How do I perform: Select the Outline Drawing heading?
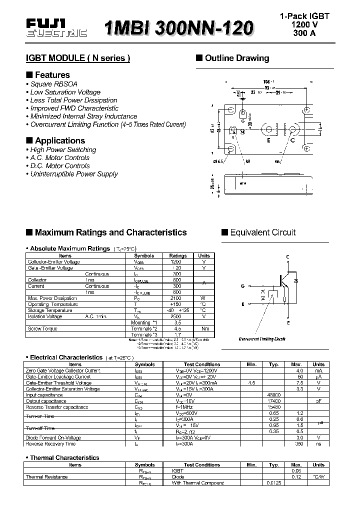pyautogui.click(x=236, y=58)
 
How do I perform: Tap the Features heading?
pyautogui.click(x=52, y=75)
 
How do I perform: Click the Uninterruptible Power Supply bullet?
pyautogui.click(x=74, y=174)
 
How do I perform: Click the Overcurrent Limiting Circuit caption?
pyautogui.click(x=262, y=338)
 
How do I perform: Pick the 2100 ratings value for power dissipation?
pyautogui.click(x=176, y=298)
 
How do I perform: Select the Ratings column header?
pyautogui.click(x=178, y=255)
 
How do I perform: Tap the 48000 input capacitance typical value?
pyautogui.click(x=273, y=395)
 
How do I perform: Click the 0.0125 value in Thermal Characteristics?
pyautogui.click(x=273, y=483)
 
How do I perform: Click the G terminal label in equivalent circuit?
pyautogui.click(x=242, y=286)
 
